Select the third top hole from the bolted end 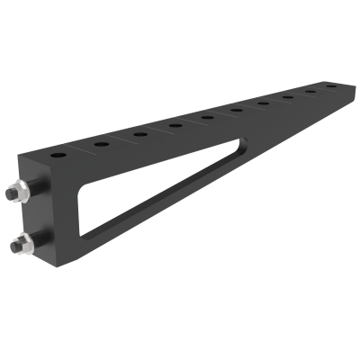[x=140, y=135]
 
